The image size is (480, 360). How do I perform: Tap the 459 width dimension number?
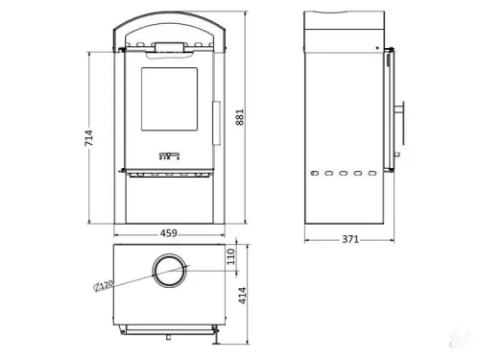pyautogui.click(x=167, y=232)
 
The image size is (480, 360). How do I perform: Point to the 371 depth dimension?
pyautogui.click(x=348, y=239)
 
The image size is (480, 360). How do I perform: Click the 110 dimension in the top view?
pyautogui.click(x=230, y=257)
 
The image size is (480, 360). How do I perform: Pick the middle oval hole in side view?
pyautogui.click(x=343, y=174)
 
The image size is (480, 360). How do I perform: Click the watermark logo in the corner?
pyautogui.click(x=464, y=348)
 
